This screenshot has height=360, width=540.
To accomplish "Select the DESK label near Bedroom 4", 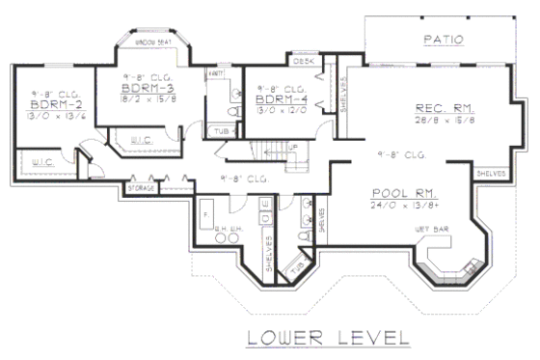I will [303, 61].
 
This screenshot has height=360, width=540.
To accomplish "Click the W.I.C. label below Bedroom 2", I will [41, 160].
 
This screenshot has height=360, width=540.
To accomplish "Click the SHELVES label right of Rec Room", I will [491, 174].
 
